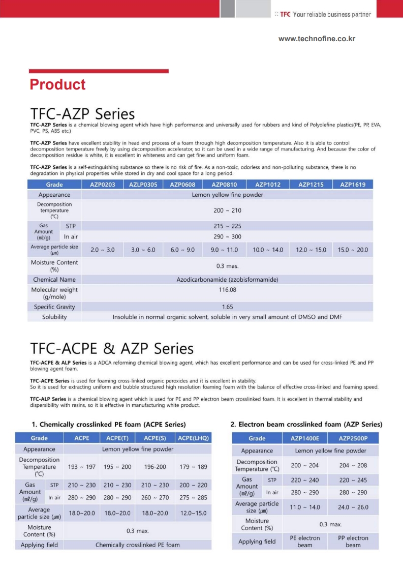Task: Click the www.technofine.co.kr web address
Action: tap(317, 39)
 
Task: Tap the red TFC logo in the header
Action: tap(285, 14)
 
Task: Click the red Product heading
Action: tap(57, 84)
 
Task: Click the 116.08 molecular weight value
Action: tap(227, 290)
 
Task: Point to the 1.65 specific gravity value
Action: tap(227, 307)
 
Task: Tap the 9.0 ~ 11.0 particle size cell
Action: tap(224, 250)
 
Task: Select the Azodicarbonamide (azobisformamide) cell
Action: tap(227, 280)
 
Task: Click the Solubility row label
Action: tap(54, 317)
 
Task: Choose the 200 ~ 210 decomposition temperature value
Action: tap(227, 209)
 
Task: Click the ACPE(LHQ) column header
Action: tap(193, 438)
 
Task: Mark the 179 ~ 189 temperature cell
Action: tap(193, 467)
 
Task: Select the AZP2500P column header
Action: tap(353, 438)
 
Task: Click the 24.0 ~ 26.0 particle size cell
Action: tap(353, 507)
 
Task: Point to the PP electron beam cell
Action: tap(353, 541)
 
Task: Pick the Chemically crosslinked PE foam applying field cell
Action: tap(137, 545)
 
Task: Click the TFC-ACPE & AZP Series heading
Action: tap(112, 349)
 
